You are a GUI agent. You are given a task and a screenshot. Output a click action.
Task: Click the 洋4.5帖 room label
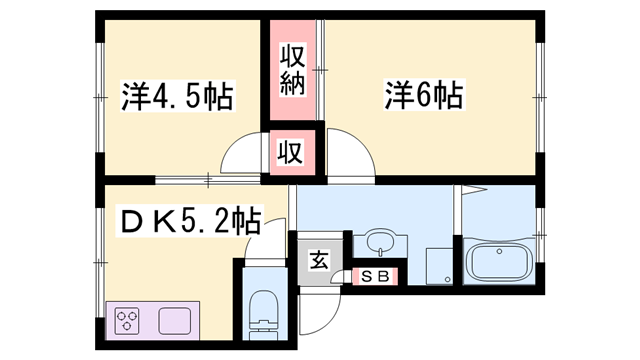point(178,96)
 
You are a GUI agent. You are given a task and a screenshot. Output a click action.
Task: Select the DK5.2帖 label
point(190,220)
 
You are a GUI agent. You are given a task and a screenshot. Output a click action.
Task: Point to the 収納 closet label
point(291,69)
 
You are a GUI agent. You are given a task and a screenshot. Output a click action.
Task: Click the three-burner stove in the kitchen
point(129,322)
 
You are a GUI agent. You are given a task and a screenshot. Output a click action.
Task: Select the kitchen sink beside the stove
point(174,322)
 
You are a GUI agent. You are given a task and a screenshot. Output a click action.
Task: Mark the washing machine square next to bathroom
point(437,266)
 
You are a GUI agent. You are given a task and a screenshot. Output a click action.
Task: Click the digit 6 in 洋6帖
point(424,96)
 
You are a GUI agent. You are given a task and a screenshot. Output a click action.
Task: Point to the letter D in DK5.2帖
point(130,220)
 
